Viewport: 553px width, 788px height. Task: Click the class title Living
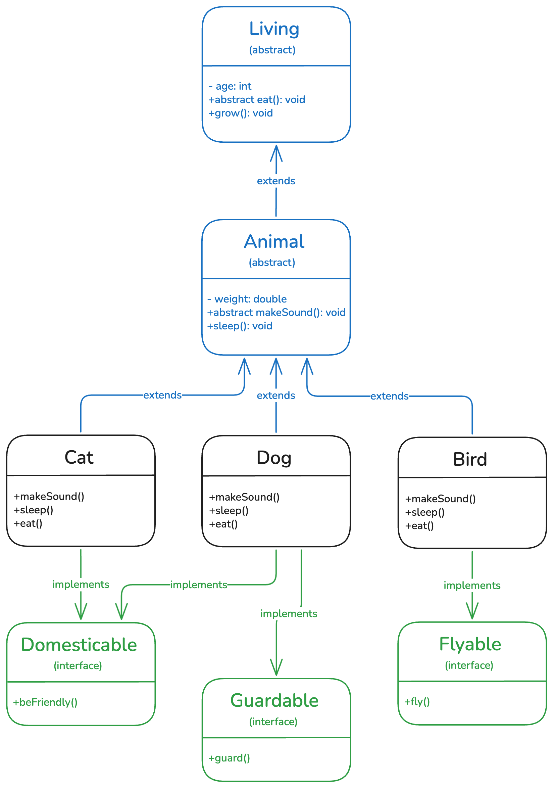pyautogui.click(x=274, y=29)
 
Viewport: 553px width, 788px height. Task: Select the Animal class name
pyautogui.click(x=274, y=242)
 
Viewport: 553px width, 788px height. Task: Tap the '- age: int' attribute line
pyautogui.click(x=230, y=86)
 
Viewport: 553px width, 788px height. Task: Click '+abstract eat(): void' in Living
pyautogui.click(x=257, y=99)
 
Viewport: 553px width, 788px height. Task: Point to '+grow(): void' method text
pyautogui.click(x=241, y=113)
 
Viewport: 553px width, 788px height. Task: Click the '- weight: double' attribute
pyautogui.click(x=247, y=299)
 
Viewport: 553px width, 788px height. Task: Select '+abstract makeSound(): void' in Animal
pyautogui.click(x=276, y=312)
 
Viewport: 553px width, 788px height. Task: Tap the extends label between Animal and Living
pyautogui.click(x=276, y=181)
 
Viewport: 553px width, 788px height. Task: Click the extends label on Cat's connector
pyautogui.click(x=162, y=395)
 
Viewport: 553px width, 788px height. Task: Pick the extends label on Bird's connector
pyautogui.click(x=389, y=396)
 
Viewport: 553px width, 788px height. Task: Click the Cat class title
pyautogui.click(x=79, y=457)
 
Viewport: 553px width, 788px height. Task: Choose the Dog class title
pyautogui.click(x=274, y=458)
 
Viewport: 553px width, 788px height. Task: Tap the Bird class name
pyautogui.click(x=470, y=459)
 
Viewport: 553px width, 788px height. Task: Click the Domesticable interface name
pyautogui.click(x=79, y=645)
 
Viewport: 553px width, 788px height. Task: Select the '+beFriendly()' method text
pyautogui.click(x=45, y=702)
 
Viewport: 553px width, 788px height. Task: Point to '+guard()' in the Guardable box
pyautogui.click(x=229, y=758)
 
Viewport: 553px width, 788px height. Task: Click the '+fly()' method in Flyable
pyautogui.click(x=417, y=701)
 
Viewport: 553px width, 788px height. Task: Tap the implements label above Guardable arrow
pyautogui.click(x=289, y=613)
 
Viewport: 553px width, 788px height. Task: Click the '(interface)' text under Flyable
pyautogui.click(x=469, y=665)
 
